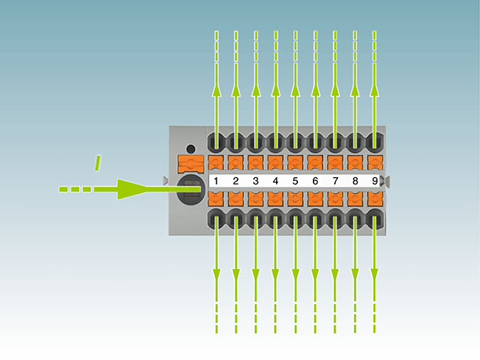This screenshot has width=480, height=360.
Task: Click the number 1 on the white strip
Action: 216,181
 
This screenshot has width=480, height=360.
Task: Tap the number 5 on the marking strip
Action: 295,181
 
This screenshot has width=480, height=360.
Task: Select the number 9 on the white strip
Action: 375,181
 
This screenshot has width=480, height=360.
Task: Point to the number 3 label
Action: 256,181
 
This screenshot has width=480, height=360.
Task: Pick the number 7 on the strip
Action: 335,181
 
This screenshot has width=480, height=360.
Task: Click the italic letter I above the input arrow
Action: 98,163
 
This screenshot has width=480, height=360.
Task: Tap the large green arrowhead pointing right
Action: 133,189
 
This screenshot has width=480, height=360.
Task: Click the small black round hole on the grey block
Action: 191,149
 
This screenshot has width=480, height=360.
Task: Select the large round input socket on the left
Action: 191,189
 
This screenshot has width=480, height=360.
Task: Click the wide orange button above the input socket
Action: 191,164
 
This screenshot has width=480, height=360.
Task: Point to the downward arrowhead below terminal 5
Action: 296,275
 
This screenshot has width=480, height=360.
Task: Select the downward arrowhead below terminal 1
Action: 216,275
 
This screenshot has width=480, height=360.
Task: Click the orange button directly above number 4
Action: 275,163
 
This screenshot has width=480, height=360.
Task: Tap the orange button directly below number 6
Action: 315,198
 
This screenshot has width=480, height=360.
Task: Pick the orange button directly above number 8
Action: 355,163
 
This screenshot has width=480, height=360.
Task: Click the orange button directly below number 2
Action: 236,198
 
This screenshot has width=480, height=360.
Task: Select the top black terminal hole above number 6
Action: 315,142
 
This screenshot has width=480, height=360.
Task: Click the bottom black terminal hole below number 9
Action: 375,219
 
